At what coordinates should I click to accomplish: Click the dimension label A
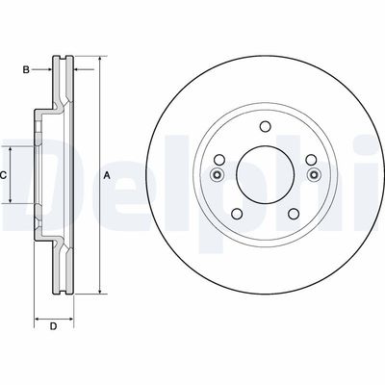pos(107,174)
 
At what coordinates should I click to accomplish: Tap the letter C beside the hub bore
pos(4,174)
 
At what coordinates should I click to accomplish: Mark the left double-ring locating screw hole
pos(216,174)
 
